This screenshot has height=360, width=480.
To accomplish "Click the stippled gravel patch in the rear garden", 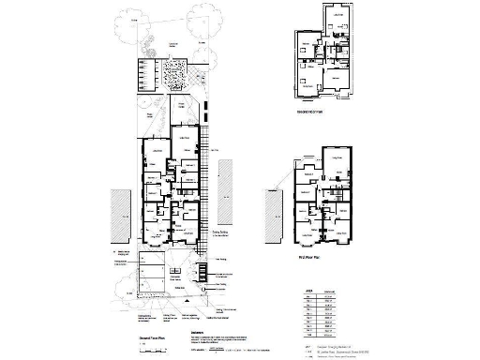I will (175, 72).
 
